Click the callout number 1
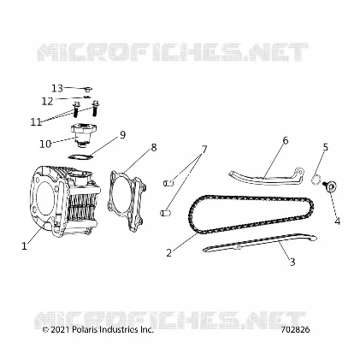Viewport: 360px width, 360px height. tap(25, 246)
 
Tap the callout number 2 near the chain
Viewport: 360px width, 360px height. tap(169, 252)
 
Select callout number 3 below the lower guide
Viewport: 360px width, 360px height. tap(292, 262)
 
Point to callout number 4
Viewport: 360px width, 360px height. tap(338, 221)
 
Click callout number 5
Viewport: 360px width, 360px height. tap(326, 147)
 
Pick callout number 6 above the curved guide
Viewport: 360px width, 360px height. tap(286, 140)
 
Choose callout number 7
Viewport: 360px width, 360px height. tap(204, 149)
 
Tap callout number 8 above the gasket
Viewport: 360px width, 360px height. tap(154, 147)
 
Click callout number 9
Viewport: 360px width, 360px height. tap(122, 134)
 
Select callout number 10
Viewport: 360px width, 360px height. tap(45, 144)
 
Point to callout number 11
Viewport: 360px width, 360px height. tap(36, 122)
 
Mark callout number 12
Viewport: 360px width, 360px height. tap(47, 101)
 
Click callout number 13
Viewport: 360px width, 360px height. tap(57, 88)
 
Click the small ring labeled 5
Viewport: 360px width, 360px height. tap(316, 180)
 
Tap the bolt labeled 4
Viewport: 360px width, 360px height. tap(328, 186)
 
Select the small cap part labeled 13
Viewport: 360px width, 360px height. tap(88, 90)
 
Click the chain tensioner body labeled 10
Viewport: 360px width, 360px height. tap(84, 134)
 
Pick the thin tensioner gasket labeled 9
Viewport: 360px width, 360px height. tap(80, 156)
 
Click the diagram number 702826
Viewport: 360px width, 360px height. tap(295, 330)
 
